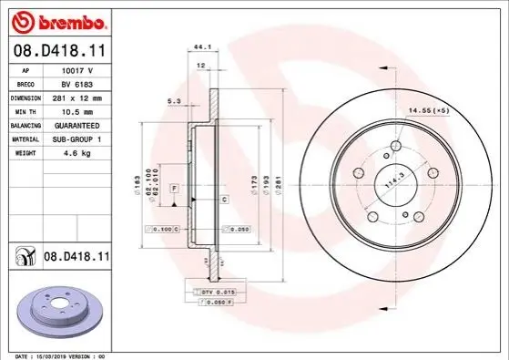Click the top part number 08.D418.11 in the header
click(60, 51)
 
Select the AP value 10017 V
click(77, 70)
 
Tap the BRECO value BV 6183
click(76, 85)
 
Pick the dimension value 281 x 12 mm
click(77, 98)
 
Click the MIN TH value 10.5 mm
click(77, 112)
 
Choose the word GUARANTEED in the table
click(76, 126)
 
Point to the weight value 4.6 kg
click(77, 153)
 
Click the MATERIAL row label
click(25, 139)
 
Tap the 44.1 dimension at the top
click(202, 46)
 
